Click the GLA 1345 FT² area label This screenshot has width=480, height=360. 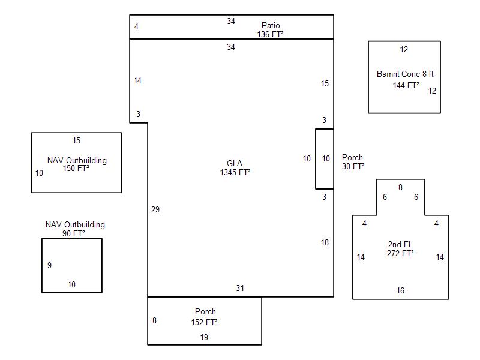pos(235,168)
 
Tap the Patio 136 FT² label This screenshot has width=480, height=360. pos(271,30)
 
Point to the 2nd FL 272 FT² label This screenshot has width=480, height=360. pos(401,249)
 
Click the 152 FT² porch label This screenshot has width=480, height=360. pos(205,317)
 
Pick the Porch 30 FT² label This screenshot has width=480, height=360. pos(353,162)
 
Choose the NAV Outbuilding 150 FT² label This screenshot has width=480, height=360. pos(77,164)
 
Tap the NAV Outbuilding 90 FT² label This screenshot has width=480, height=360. pos(75,229)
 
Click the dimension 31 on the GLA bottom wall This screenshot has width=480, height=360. pos(240,289)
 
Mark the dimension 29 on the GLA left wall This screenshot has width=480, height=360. pos(155,209)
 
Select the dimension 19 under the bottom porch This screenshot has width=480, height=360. pos(205,337)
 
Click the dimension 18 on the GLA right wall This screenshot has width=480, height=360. pos(325,242)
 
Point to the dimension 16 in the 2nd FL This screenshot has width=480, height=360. pos(400,290)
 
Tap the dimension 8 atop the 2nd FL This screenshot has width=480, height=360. pos(400,187)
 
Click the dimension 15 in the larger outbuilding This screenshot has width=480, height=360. pos(76,141)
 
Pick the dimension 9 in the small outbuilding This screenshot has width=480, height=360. pos(49,265)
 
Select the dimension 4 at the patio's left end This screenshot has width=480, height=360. pos(136,27)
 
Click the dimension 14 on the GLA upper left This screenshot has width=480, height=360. pos(137,80)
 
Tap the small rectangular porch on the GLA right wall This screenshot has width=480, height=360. pos(325,158)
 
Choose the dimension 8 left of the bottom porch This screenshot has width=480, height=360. pos(154,320)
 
